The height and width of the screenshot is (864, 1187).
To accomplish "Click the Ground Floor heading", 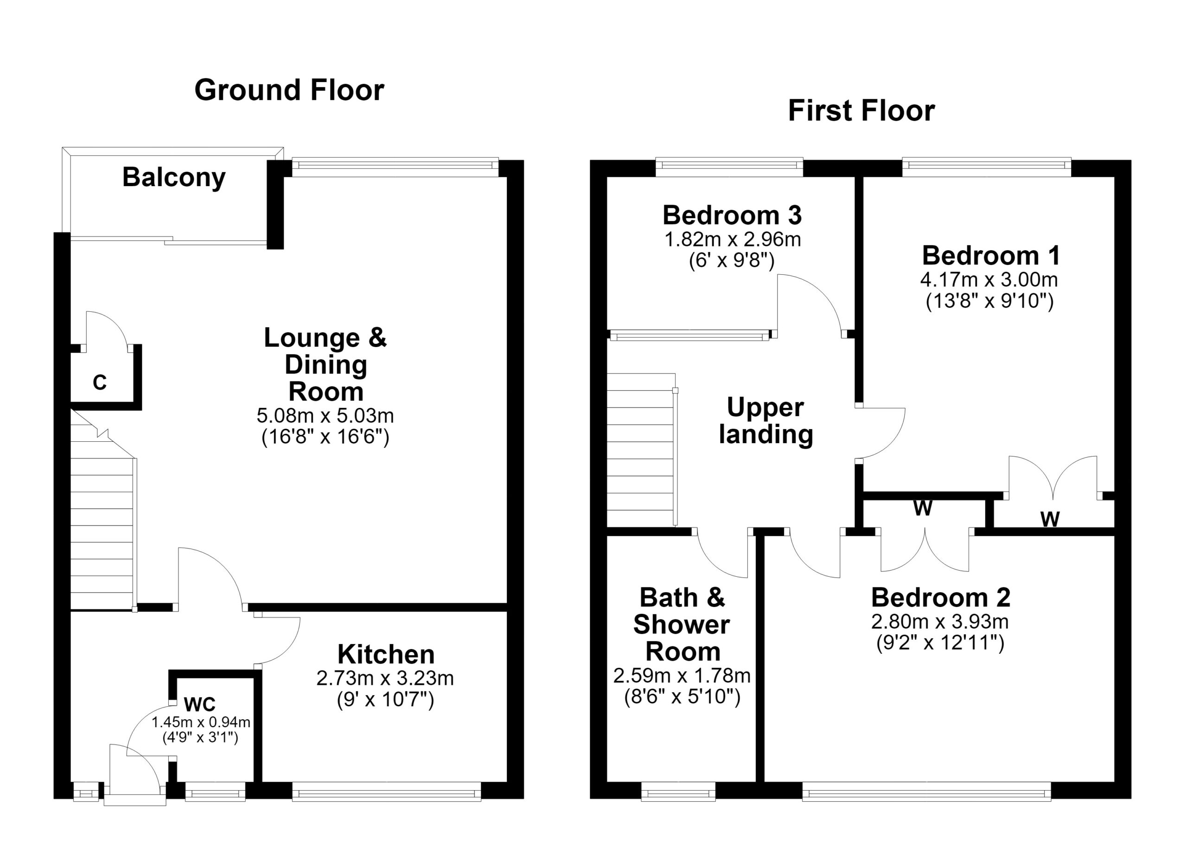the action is (289, 90).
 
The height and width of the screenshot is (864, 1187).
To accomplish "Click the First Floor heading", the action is (862, 111).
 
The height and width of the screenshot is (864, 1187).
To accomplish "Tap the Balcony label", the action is (174, 178).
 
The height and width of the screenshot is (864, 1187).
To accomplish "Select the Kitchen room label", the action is (386, 655).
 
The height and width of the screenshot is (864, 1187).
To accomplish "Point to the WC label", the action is (199, 705).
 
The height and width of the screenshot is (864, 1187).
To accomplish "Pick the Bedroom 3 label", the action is (732, 215).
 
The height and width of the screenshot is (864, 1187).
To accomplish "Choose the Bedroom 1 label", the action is (991, 256).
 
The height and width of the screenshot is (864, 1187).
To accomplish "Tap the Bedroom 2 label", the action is (941, 598).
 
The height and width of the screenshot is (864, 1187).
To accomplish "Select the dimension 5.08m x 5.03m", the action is (325, 416).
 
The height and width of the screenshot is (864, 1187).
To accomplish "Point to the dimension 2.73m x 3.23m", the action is (385, 679).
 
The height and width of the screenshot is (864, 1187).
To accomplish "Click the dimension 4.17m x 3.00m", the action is (989, 280).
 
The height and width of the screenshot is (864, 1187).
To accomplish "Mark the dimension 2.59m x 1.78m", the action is (682, 676).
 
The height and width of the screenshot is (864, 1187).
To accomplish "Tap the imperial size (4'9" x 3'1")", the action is (200, 738).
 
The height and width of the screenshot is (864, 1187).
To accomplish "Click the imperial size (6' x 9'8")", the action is (732, 260).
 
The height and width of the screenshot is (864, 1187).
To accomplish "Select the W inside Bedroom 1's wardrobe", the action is (1050, 519).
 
